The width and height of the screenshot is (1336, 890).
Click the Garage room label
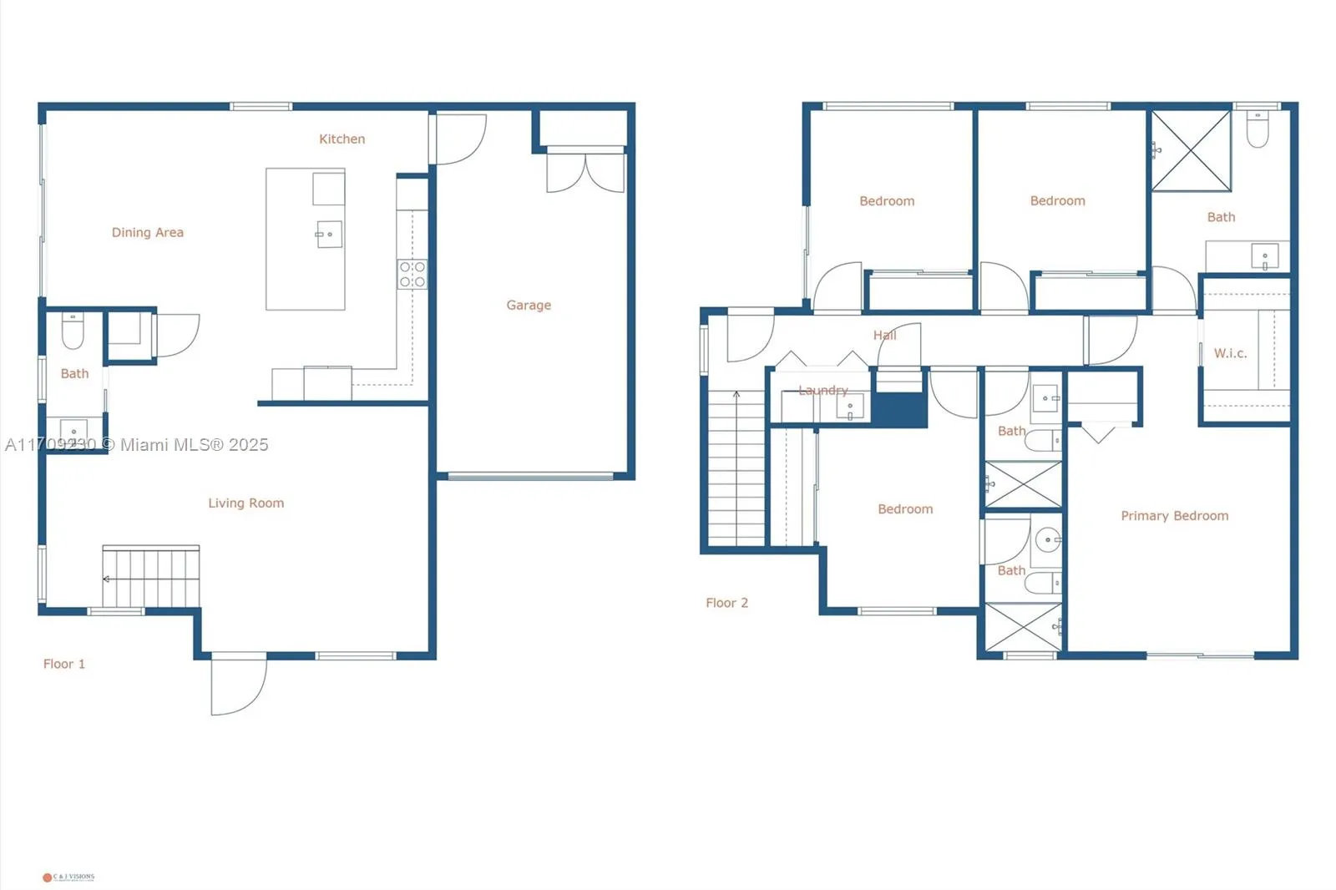529,306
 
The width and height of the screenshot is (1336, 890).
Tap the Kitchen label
342,139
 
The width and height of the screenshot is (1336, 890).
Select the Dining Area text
148,233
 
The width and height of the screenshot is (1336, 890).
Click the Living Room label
245,503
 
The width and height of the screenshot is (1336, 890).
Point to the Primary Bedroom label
1174,516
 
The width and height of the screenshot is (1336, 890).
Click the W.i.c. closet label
1230,354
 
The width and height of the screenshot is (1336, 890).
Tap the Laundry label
822,391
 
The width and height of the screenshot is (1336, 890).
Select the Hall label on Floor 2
884,336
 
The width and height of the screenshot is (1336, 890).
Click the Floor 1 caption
64,665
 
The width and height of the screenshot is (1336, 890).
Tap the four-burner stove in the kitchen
412,275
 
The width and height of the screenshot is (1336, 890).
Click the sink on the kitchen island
328,235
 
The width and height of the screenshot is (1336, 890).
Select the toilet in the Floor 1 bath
73,332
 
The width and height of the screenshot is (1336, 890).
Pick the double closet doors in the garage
585,171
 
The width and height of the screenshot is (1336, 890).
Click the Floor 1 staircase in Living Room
151,577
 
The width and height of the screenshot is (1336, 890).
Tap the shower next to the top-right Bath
1191,151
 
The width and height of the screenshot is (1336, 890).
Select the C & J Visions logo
68,877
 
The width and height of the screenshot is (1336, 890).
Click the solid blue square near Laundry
898,409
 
